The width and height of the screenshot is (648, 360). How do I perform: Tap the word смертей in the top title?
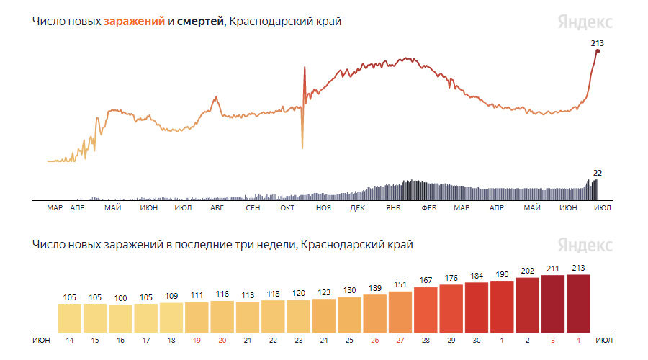[x=201, y=22]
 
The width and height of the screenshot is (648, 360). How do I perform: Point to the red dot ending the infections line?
[x=598, y=51]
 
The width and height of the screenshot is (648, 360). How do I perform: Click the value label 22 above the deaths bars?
[x=597, y=173]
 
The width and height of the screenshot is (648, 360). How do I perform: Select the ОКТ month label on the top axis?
[x=287, y=208]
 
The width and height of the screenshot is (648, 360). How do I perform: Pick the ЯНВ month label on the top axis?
[x=393, y=208]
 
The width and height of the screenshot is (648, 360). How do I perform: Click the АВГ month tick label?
[x=217, y=208]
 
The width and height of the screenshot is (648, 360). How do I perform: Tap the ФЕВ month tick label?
[x=428, y=208]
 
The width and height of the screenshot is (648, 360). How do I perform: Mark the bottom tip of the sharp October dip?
[x=302, y=148]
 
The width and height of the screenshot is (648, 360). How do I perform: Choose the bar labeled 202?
[x=528, y=303]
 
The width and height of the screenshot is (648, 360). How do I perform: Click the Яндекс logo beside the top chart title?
[x=585, y=22]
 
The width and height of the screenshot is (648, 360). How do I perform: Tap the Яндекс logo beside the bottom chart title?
[x=585, y=245]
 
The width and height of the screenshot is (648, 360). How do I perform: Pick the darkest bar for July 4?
[x=579, y=302]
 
